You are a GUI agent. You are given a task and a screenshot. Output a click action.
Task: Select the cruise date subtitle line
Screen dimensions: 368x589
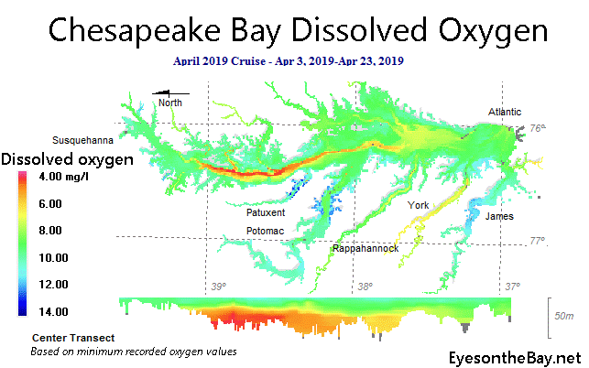pos(289,61)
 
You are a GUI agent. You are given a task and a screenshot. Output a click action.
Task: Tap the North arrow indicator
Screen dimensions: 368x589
pos(170,95)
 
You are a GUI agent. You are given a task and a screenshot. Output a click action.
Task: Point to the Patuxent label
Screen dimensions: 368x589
pos(266,212)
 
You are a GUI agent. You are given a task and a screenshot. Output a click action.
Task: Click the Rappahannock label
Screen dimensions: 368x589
pos(365,248)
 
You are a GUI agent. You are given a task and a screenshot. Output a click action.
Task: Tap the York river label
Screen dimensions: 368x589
pos(419,205)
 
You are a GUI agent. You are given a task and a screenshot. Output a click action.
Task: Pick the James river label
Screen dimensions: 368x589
pos(499,216)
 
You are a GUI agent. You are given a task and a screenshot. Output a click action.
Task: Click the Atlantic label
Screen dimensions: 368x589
pos(507,112)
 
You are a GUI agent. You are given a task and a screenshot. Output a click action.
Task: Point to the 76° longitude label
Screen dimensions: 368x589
pos(537,128)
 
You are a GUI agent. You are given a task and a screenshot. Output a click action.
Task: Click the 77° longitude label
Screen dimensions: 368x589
pos(538,242)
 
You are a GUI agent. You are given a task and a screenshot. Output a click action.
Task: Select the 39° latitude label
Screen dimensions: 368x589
pos(218,287)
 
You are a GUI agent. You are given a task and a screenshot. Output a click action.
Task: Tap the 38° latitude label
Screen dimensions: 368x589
pos(365,287)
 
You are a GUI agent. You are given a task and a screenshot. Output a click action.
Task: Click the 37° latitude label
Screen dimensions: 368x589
pos(512,287)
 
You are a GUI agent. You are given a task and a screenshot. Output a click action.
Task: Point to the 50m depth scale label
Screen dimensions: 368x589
pos(564,316)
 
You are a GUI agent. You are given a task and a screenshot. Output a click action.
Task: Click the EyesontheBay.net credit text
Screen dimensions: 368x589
pos(516,356)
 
